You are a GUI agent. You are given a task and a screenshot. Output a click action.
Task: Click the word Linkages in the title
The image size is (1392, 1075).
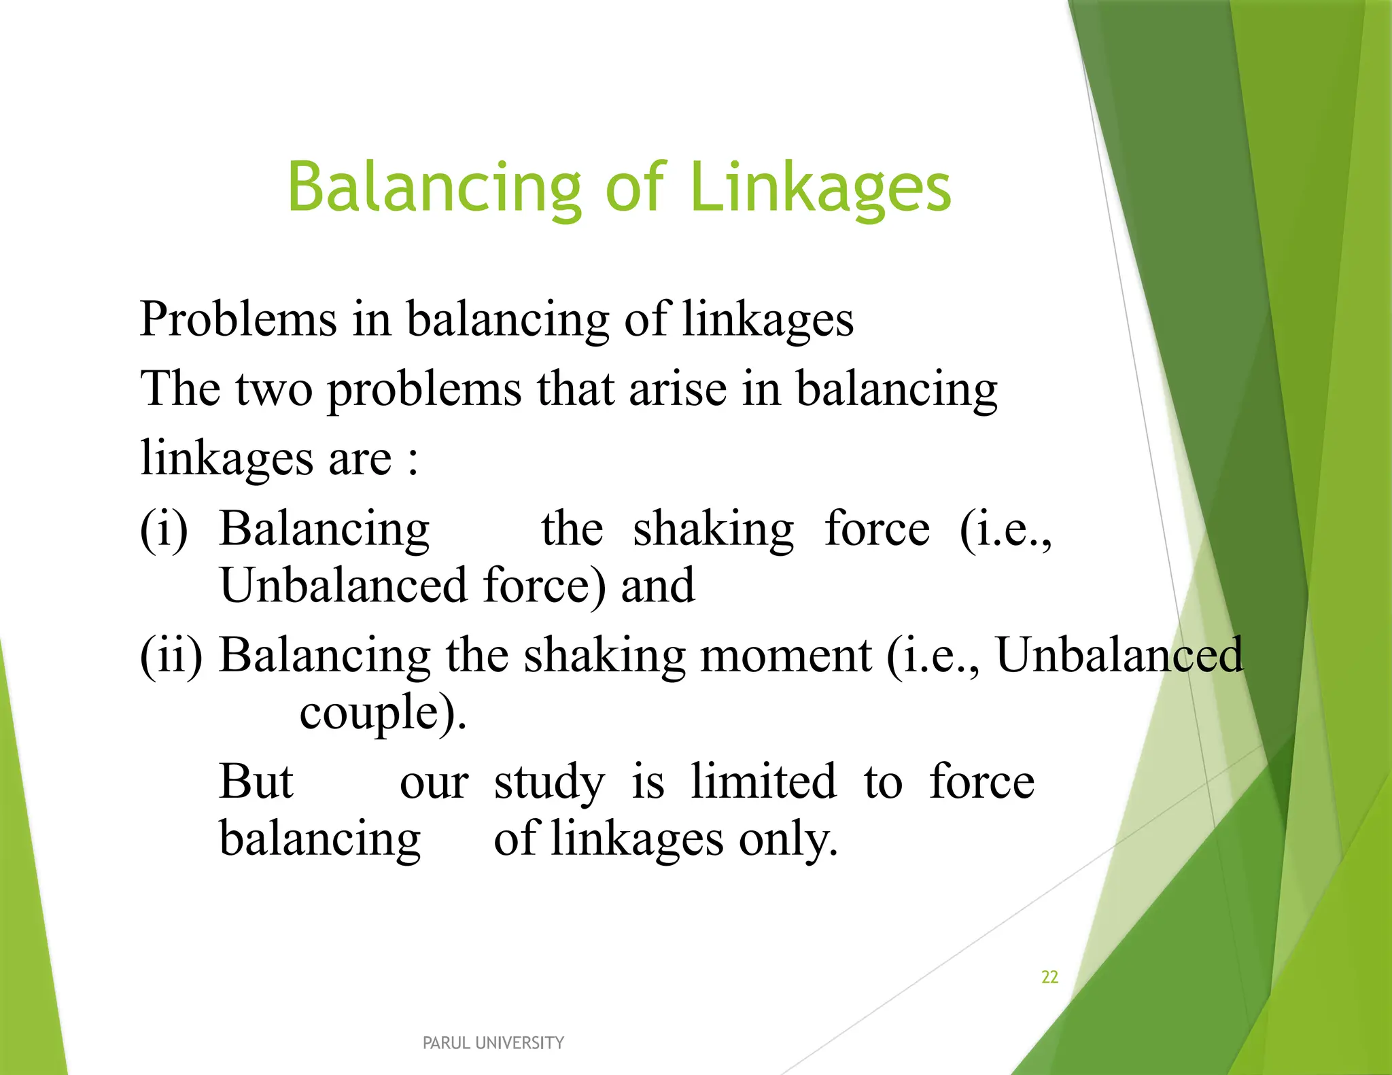coord(820,188)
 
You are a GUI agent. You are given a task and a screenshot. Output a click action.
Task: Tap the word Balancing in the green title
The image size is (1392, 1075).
coord(434,188)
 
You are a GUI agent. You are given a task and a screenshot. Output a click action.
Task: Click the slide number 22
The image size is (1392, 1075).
coord(1049,977)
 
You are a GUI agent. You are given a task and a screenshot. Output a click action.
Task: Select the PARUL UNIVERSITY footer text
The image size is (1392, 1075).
coord(493,1043)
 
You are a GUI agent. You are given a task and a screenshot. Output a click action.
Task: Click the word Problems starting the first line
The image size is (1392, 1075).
coord(238,319)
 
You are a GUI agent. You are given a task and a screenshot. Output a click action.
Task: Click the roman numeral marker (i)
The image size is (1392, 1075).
coord(164,529)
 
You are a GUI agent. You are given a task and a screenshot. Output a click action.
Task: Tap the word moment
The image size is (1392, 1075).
coord(786,655)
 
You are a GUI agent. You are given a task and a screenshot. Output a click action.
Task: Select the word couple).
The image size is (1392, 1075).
coord(383,712)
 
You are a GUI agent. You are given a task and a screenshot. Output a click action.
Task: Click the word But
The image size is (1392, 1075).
coord(256,781)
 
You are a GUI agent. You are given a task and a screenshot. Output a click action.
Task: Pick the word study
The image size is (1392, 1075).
coord(549,781)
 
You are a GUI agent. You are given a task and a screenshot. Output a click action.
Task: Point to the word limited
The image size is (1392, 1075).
coord(763,781)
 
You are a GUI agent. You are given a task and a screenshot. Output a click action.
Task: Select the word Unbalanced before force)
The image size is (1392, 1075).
coord(344,585)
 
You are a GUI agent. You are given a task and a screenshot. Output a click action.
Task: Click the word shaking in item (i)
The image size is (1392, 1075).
coord(713,529)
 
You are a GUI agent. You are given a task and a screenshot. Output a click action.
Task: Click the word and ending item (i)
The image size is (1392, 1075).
coord(657,585)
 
